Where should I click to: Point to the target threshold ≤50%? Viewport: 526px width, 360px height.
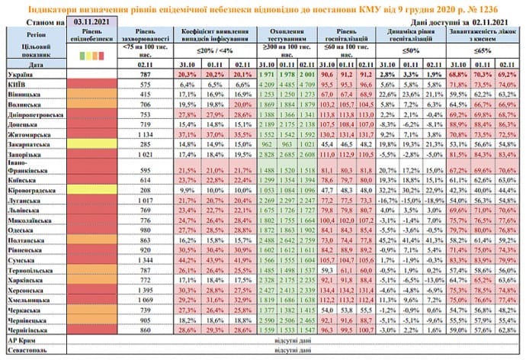tap(411, 51)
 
